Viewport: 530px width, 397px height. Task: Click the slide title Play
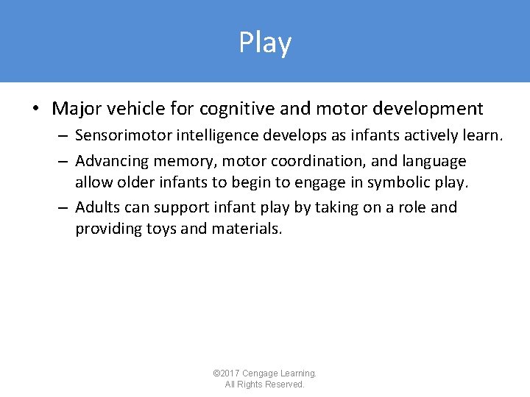pos(265,43)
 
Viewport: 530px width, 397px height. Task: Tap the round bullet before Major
pos(35,110)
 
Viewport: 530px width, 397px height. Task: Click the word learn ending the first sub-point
pos(485,137)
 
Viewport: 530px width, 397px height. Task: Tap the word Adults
pos(99,207)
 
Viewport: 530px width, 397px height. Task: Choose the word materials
pos(247,229)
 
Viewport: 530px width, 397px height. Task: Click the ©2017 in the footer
pos(227,373)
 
